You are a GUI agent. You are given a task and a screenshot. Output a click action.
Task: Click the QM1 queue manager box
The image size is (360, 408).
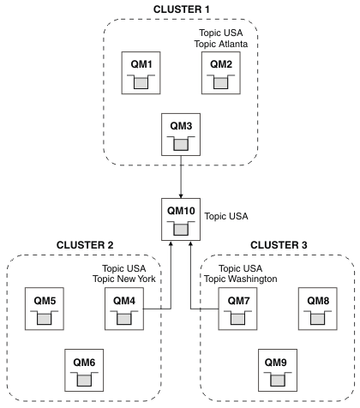[x=141, y=73]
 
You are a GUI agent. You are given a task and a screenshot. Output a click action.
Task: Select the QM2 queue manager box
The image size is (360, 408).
[x=221, y=73]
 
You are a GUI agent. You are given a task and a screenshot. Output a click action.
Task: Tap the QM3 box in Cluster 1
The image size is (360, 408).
[x=181, y=135]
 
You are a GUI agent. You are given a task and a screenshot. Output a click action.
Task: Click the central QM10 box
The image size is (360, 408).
[x=181, y=219]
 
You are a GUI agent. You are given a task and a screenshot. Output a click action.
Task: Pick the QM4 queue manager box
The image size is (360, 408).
[x=124, y=309]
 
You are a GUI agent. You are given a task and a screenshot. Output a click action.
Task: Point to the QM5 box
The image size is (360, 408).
[x=45, y=309]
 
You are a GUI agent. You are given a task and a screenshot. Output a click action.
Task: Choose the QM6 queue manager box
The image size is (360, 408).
[x=84, y=370]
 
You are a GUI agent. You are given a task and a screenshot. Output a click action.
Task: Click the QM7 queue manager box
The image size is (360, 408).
[x=237, y=309]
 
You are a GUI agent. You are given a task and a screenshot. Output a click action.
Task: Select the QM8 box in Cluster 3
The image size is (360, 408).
[x=318, y=309]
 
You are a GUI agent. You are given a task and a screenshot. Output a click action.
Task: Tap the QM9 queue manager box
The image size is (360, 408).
[x=278, y=370]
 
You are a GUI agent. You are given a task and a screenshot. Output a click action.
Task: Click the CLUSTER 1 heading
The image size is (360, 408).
[x=182, y=9]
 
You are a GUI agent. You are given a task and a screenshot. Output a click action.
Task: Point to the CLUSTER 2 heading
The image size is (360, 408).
[x=85, y=245]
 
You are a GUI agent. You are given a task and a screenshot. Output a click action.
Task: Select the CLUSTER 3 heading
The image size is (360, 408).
[x=279, y=245]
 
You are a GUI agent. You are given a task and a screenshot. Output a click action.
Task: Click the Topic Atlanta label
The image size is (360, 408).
[x=221, y=44]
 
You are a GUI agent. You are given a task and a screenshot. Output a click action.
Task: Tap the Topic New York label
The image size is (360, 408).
[x=124, y=279]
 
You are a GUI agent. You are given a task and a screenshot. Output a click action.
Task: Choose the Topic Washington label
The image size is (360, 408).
[x=241, y=279]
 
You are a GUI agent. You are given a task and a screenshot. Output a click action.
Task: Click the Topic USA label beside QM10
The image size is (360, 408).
[x=226, y=216]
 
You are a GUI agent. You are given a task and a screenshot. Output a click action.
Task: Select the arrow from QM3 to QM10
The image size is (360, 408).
[x=181, y=177]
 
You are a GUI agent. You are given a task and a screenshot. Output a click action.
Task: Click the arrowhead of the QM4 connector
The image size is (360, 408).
[x=171, y=243]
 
